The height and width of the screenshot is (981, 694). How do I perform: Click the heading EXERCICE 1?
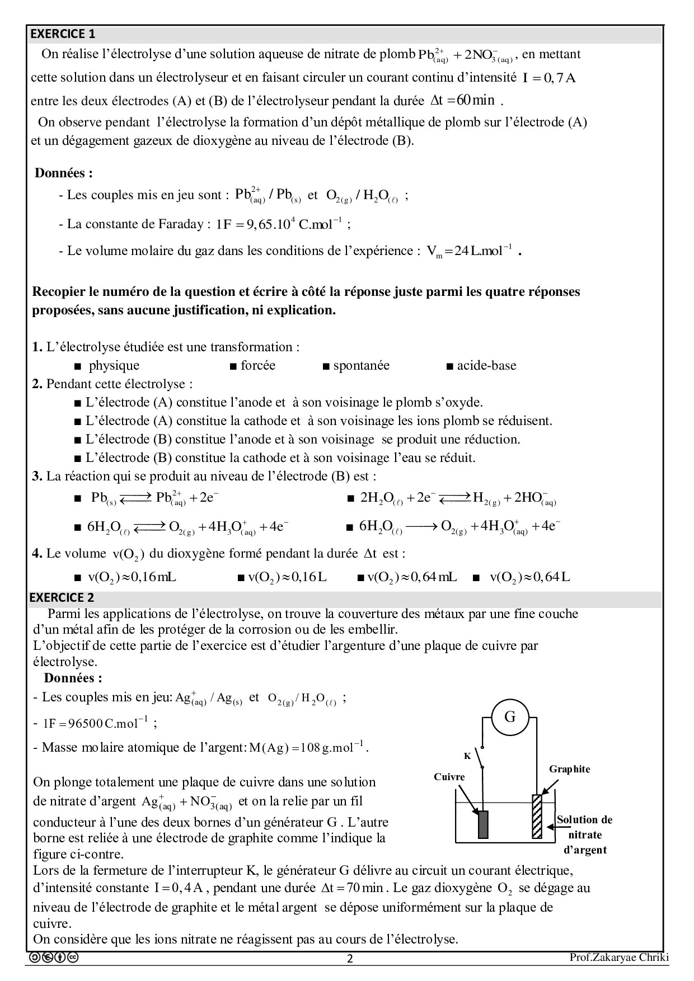click(63, 34)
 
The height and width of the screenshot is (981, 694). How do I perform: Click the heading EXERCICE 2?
click(62, 597)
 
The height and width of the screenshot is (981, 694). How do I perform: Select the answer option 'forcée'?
click(257, 366)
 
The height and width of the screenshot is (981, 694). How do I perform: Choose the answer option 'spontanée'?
click(361, 366)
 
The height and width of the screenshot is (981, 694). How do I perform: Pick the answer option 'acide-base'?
click(486, 366)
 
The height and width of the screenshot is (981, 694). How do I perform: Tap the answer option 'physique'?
click(114, 366)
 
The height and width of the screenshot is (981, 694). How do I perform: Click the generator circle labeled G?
click(510, 717)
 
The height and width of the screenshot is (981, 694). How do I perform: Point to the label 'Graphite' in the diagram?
click(569, 769)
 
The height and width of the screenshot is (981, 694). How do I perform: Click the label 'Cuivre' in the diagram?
click(449, 777)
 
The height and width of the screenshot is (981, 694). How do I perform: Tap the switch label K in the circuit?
click(467, 756)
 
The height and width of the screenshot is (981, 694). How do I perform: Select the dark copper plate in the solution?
click(483, 824)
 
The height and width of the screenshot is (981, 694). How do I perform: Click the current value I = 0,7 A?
click(548, 78)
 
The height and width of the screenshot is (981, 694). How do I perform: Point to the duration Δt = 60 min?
click(463, 101)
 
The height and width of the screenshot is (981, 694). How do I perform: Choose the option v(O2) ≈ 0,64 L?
click(529, 577)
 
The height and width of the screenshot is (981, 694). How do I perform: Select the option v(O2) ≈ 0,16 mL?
click(132, 577)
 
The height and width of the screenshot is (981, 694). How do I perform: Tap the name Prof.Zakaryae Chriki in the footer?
click(619, 958)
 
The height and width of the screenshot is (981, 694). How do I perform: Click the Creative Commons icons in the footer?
click(54, 958)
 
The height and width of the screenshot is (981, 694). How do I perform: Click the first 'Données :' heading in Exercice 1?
click(64, 173)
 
